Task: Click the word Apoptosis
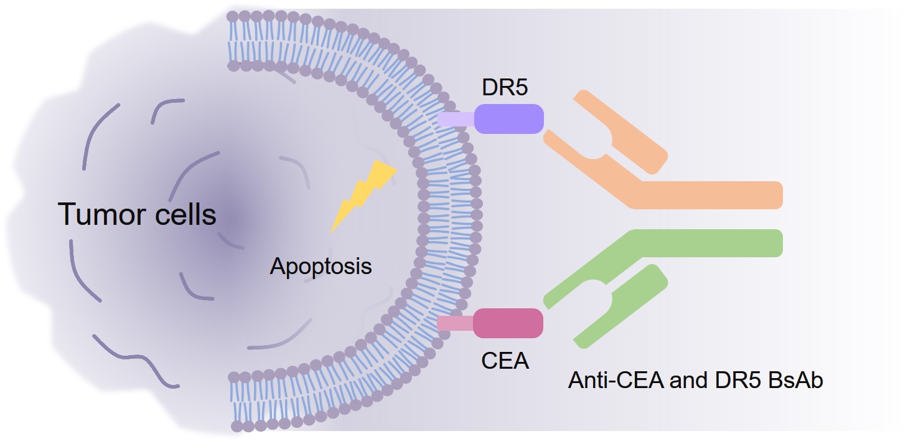click(x=321, y=267)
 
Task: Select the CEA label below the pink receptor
click(x=505, y=360)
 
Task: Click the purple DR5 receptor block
click(x=508, y=119)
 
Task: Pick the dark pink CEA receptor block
click(x=508, y=323)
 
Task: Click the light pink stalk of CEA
click(x=455, y=323)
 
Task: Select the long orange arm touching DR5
click(x=591, y=168)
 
